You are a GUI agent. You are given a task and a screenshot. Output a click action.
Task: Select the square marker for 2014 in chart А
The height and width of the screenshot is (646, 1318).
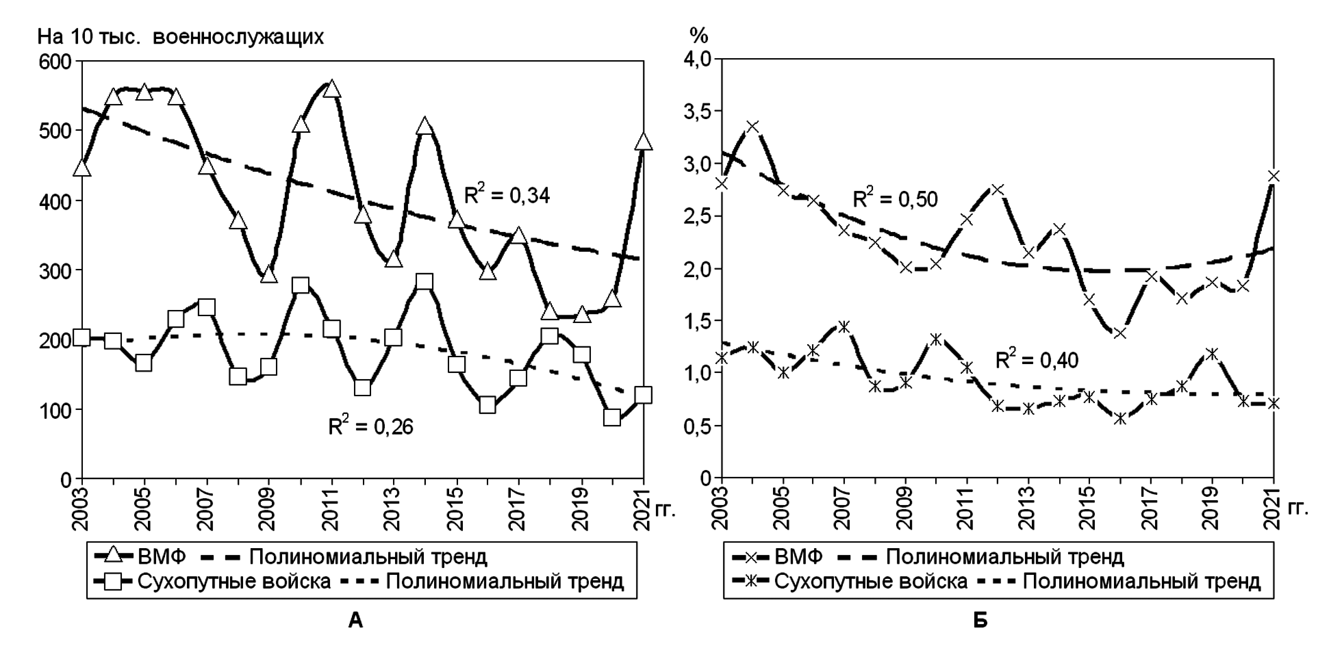(x=424, y=282)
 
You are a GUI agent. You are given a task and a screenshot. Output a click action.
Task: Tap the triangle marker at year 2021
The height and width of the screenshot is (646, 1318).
(x=643, y=142)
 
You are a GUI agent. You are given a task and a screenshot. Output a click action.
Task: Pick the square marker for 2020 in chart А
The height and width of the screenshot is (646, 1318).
(x=612, y=417)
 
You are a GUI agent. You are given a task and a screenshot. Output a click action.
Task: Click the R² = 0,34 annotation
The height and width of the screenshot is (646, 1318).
(x=507, y=195)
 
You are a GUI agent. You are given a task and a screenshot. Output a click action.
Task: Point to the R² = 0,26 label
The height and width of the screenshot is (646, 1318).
(x=370, y=426)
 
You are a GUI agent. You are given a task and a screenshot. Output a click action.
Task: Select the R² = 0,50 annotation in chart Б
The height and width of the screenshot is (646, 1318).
(x=895, y=198)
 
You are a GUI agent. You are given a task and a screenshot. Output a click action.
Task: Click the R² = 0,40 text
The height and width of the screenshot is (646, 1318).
(x=1037, y=360)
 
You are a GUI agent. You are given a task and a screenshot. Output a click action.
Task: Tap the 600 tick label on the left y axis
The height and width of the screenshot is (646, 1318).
(x=55, y=62)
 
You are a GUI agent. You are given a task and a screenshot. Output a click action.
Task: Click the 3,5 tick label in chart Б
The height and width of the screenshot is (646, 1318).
(x=697, y=112)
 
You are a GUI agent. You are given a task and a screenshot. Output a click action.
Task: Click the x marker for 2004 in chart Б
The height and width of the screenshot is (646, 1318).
(x=752, y=126)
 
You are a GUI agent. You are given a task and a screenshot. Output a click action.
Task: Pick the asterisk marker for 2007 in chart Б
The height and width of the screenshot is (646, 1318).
(x=844, y=326)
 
